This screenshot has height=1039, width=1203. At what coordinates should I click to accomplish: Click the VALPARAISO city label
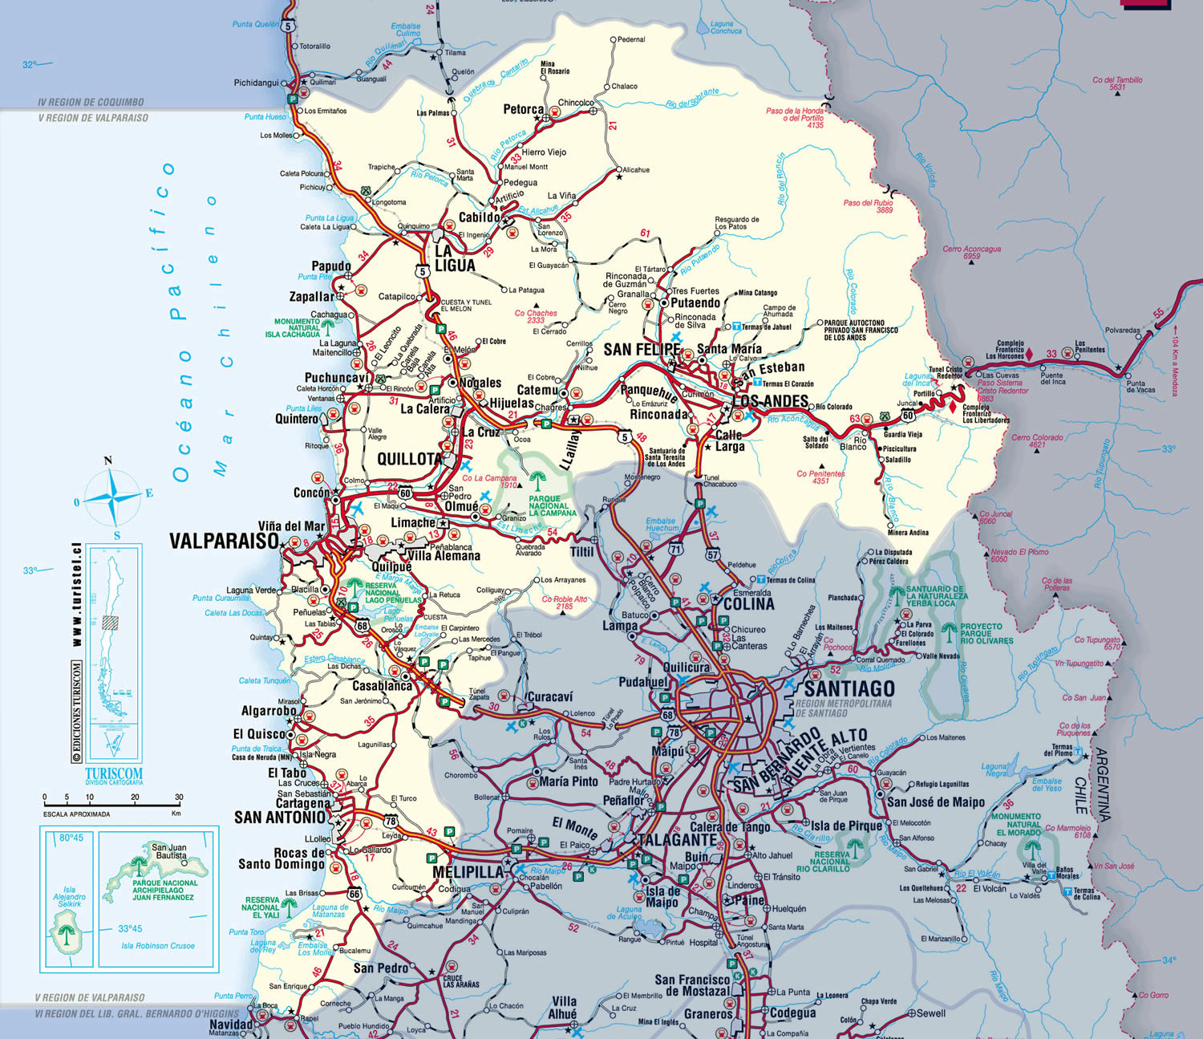click(223, 541)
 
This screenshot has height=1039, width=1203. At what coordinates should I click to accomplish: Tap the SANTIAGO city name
click(849, 688)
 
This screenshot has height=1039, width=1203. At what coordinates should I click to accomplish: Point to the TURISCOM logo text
click(114, 775)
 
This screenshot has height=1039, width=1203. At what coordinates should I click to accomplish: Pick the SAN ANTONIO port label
click(281, 818)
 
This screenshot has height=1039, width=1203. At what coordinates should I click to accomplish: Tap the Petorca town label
click(523, 109)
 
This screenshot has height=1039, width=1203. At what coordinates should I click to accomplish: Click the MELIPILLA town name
click(468, 871)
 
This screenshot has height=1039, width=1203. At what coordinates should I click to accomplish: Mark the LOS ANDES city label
click(770, 400)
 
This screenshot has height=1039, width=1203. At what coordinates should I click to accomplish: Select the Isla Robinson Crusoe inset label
click(158, 945)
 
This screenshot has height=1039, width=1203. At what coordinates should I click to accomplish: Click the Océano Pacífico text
click(184, 321)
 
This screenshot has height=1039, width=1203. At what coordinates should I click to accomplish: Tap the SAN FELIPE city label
click(642, 349)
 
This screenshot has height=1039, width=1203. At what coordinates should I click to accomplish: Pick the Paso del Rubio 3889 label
click(868, 206)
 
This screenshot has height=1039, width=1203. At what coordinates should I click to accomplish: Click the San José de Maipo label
click(935, 802)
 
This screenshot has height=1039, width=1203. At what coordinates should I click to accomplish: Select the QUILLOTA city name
click(409, 459)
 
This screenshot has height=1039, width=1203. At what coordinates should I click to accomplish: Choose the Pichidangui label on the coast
click(257, 83)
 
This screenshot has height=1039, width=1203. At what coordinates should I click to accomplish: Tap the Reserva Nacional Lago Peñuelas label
click(393, 593)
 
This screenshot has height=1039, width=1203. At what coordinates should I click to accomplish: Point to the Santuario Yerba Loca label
click(936, 595)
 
